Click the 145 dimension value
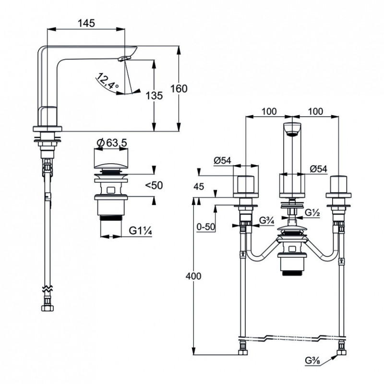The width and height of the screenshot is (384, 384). (x=86, y=23)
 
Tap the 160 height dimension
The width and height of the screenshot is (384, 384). (x=179, y=88)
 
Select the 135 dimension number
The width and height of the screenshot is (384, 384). (x=154, y=96)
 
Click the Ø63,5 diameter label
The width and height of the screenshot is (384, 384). (x=112, y=143)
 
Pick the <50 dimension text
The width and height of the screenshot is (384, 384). (x=154, y=185)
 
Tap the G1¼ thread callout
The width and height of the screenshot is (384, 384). (x=141, y=230)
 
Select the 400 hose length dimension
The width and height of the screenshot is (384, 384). (x=193, y=276)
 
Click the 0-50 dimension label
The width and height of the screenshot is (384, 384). (x=206, y=227)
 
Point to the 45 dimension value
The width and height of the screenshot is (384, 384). (x=199, y=187)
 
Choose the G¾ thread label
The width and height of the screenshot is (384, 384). (x=267, y=220)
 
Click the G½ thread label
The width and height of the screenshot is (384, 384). (x=312, y=213)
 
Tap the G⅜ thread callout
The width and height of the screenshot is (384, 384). (x=312, y=361)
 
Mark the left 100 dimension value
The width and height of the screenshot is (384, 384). (x=269, y=111)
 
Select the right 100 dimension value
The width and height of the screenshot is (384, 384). (x=315, y=111)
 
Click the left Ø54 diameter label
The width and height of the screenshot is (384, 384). (x=222, y=160)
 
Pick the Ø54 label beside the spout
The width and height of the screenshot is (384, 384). (x=318, y=169)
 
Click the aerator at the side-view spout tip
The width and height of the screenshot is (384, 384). (x=125, y=58)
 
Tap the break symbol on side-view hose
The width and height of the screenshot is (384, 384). (x=47, y=288)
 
